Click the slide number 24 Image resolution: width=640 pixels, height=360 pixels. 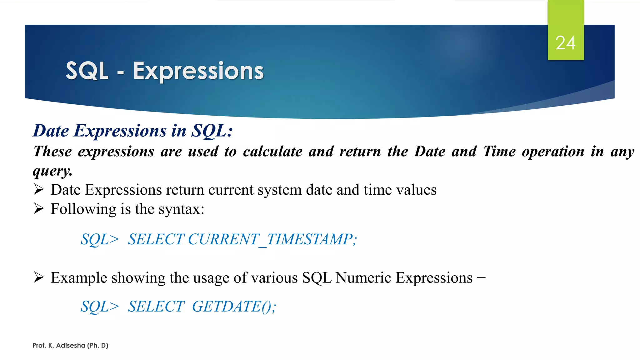pyautogui.click(x=565, y=43)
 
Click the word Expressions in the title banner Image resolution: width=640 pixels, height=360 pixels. pyautogui.click(x=198, y=71)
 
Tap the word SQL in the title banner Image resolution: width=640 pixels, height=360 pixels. pyautogui.click(x=87, y=71)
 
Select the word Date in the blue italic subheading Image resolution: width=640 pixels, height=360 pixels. pyautogui.click(x=51, y=131)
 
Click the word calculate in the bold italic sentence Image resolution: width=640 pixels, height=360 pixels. pyautogui.click(x=272, y=152)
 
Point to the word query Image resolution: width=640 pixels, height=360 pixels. pyautogui.click(x=52, y=171)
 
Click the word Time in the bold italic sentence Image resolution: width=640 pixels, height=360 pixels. pyautogui.click(x=499, y=152)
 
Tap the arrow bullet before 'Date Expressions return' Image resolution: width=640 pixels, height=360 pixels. pyautogui.click(x=39, y=189)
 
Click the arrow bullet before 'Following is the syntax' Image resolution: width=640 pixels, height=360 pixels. pyautogui.click(x=39, y=208)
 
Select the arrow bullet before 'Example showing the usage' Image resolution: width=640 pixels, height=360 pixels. pyautogui.click(x=39, y=277)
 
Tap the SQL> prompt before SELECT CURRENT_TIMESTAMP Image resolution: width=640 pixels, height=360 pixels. pyautogui.click(x=100, y=239)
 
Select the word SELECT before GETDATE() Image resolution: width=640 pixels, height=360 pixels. pyautogui.click(x=156, y=306)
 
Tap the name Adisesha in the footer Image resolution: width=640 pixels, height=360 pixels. pyautogui.click(x=71, y=345)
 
